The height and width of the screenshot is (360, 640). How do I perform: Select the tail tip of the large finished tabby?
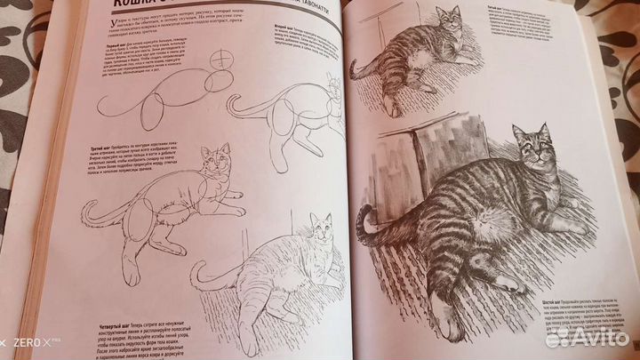click(x=360, y=218)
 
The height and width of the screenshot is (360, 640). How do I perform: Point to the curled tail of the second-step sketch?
click(x=236, y=110)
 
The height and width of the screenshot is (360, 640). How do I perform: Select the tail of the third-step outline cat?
click(x=93, y=213)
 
